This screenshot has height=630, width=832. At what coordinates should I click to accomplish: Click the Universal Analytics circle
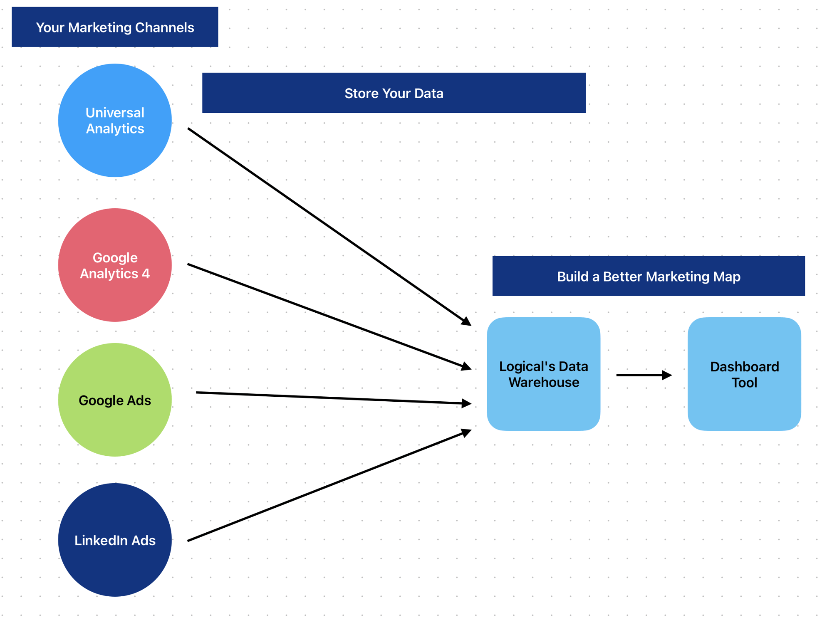tap(115, 120)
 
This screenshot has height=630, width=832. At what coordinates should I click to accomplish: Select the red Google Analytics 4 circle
tap(115, 265)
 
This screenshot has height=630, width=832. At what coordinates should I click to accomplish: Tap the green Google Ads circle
tap(115, 400)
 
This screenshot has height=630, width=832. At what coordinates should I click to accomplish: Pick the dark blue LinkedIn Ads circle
tap(115, 540)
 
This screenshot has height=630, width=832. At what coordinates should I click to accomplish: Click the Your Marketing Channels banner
tap(115, 27)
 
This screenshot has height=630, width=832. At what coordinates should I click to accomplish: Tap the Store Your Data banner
tap(394, 93)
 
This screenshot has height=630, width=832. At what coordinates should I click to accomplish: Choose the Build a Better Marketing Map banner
tap(649, 276)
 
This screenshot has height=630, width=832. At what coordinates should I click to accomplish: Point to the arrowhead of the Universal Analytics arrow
tap(467, 321)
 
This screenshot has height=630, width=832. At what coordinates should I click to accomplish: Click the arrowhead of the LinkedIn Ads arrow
tap(467, 433)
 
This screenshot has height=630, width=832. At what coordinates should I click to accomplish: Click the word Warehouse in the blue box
tap(544, 382)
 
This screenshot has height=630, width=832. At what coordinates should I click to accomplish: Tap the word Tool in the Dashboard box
tap(744, 383)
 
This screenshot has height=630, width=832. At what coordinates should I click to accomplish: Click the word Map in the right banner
tap(728, 277)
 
